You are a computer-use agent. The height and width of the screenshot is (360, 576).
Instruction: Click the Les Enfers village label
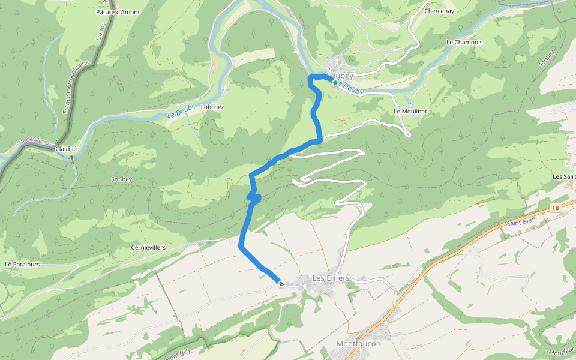[331, 278]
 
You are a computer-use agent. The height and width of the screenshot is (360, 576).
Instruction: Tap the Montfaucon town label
[358, 344]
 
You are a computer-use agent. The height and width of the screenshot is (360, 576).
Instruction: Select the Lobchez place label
[212, 107]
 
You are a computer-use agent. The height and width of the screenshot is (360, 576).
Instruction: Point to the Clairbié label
[66, 149]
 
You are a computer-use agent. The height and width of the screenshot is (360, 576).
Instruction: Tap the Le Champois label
[464, 43]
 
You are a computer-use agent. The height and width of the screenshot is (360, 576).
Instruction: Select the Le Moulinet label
[410, 112]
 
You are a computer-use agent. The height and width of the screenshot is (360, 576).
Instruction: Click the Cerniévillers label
[148, 247]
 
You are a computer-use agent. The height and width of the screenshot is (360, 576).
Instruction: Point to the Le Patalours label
[22, 264]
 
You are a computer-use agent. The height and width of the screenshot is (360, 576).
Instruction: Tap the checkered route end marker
[281, 283]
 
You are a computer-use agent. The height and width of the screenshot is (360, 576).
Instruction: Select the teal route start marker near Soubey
[335, 83]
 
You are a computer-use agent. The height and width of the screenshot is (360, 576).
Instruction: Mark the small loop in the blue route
[254, 197]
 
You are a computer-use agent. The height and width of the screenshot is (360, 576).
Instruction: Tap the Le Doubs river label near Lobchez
[179, 111]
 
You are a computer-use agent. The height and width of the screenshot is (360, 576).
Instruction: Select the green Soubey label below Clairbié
[121, 179]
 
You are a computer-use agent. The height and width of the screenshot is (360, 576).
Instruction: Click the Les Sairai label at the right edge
[563, 176]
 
